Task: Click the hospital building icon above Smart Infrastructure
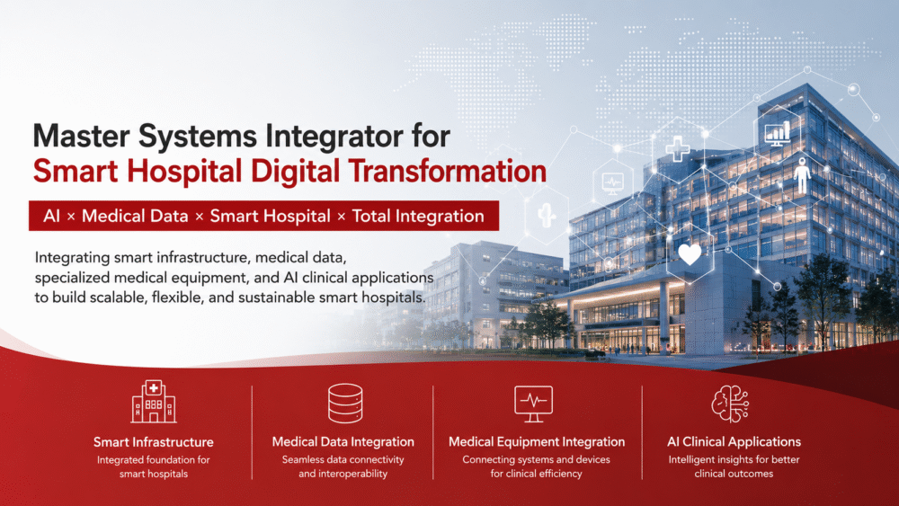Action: pos(153,401)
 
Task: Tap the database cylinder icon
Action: pos(345,403)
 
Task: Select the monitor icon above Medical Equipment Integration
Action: pos(533,404)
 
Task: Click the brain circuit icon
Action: pos(730,404)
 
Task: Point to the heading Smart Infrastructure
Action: pos(154,442)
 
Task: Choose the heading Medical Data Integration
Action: pos(343,441)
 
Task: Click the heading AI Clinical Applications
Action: pos(734,441)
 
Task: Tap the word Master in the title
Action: pos(82,136)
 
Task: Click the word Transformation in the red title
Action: pos(447,172)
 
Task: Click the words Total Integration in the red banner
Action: pos(418,216)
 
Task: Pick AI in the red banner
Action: pos(51,216)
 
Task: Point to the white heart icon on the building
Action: pos(690,253)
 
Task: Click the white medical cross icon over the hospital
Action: pos(678,149)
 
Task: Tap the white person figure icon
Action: pos(802,176)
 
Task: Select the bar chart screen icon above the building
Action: pos(778,133)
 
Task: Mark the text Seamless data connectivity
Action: pos(343,459)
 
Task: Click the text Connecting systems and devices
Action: pos(536,459)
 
